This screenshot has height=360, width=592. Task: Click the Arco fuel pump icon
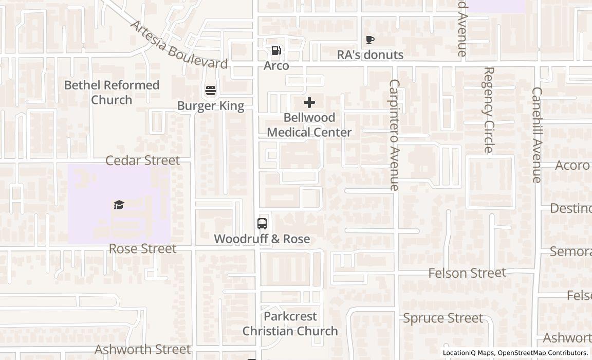(x=276, y=50)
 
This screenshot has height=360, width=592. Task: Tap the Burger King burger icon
(x=210, y=91)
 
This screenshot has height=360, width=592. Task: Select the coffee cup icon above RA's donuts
(x=369, y=40)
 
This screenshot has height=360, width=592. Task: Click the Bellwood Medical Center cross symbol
(x=309, y=102)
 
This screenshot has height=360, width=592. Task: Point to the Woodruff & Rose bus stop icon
(x=262, y=224)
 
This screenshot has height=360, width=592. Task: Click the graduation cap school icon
(x=119, y=205)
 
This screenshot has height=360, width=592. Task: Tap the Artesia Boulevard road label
(x=178, y=45)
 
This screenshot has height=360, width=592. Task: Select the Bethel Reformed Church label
(x=112, y=92)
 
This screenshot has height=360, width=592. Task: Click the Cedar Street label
(x=142, y=160)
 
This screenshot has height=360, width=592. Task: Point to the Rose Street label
(x=142, y=249)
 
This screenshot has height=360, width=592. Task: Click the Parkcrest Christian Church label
(x=290, y=323)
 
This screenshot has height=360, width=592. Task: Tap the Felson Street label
(x=467, y=273)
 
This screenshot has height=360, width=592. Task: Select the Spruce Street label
(x=443, y=318)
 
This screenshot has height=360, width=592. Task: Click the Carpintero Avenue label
(x=394, y=135)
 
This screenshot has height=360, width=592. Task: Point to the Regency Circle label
(x=488, y=110)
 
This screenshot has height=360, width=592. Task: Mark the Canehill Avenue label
(x=536, y=135)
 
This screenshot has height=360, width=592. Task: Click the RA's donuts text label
(x=370, y=55)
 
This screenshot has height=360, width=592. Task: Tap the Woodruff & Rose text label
(x=262, y=239)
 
